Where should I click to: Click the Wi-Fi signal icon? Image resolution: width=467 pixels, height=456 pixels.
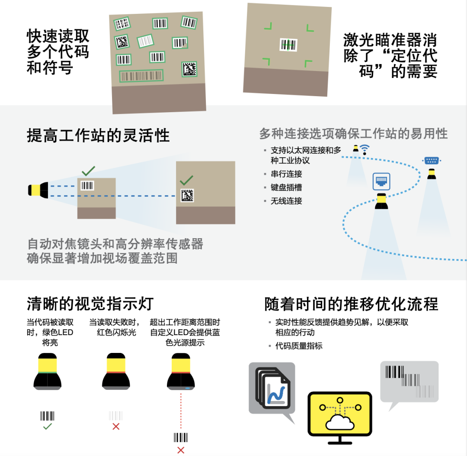pyautogui.click(x=364, y=149)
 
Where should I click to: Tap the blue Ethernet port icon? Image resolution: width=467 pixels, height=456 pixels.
pyautogui.click(x=381, y=181)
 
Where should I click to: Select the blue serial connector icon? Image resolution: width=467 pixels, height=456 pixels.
pyautogui.click(x=432, y=161)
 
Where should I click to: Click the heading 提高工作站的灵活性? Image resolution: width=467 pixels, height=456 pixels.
pyautogui.click(x=98, y=136)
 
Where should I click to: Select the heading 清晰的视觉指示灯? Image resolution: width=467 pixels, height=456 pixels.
pyautogui.click(x=90, y=304)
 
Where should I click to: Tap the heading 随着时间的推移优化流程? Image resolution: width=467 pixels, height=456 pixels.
pyautogui.click(x=351, y=304)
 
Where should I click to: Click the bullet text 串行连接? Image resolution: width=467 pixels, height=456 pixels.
pyautogui.click(x=286, y=174)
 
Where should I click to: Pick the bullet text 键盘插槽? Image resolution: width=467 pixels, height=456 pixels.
pyautogui.click(x=286, y=187)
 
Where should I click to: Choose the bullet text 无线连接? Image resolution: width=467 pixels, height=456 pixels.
pyautogui.click(x=286, y=201)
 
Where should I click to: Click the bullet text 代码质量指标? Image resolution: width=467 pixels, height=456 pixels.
pyautogui.click(x=299, y=346)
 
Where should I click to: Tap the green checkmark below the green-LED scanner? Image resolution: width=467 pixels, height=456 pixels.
pyautogui.click(x=48, y=427)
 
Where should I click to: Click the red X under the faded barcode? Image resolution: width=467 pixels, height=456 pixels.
pyautogui.click(x=116, y=427)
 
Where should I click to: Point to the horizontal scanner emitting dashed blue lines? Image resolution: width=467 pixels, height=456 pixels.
pyautogui.click(x=38, y=190)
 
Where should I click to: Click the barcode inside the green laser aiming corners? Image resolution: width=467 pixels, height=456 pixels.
pyautogui.click(x=288, y=45)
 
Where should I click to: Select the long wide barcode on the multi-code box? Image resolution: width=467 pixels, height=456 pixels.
pyautogui.click(x=141, y=76)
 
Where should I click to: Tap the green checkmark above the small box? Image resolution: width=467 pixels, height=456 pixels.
pyautogui.click(x=89, y=171)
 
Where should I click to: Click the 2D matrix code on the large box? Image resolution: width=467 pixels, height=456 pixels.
pyautogui.click(x=187, y=195)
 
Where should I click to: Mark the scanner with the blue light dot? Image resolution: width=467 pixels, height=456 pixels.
pyautogui.click(x=181, y=372)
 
